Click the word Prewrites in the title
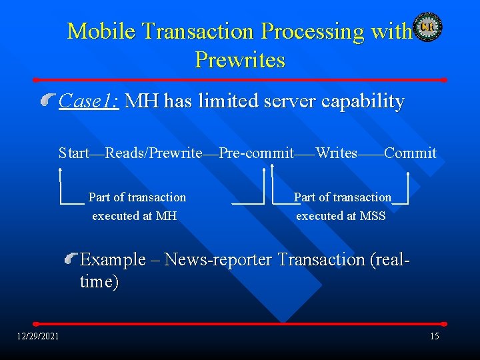point(240,60)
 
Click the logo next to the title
point(427,27)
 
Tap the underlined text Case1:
point(89,101)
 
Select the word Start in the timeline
point(73,153)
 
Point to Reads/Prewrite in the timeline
point(153,153)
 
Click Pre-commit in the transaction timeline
point(256,153)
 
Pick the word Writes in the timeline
point(337,153)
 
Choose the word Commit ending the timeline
point(410,153)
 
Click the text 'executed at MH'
point(134,216)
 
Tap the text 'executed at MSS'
point(341,216)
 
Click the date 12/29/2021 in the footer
point(38,335)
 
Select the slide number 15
point(434,336)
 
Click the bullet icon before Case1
point(49,101)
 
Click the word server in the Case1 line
point(283,101)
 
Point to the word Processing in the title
point(308,31)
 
